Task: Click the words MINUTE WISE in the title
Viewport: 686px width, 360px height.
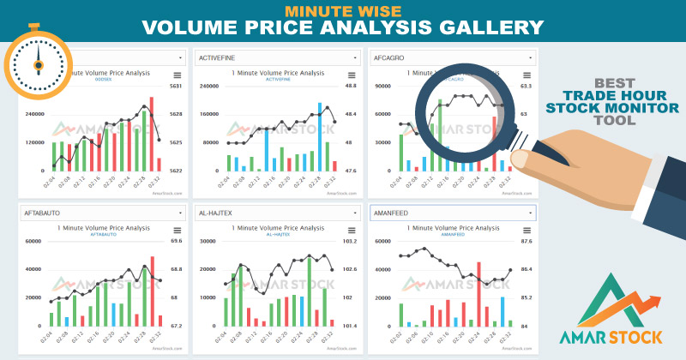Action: (342, 10)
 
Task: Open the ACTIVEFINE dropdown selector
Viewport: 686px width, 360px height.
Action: (276, 57)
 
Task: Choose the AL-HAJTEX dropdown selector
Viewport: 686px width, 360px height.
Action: (276, 212)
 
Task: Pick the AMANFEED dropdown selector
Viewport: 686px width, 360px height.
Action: (451, 212)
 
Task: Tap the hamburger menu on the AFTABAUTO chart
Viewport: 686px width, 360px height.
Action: (178, 230)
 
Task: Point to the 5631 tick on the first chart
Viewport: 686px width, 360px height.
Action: (175, 86)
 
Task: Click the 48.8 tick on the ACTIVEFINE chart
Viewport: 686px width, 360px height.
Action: (350, 86)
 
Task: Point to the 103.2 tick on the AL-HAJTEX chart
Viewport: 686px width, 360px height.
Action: (348, 241)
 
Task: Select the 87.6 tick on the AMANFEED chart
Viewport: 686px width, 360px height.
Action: (526, 241)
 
